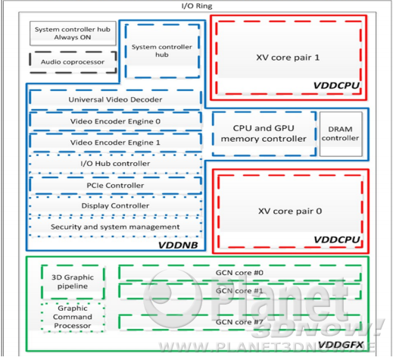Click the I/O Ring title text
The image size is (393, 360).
coord(197,6)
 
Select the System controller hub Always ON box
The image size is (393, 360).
coord(73,33)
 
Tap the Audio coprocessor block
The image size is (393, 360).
coord(73,62)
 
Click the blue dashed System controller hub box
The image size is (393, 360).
coord(162,51)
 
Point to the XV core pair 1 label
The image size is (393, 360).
coord(288,58)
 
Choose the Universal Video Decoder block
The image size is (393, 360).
coord(115,99)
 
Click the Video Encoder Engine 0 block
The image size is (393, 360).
coord(115,121)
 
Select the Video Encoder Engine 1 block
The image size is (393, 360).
coord(115,142)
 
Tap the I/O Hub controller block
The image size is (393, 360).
coord(115,164)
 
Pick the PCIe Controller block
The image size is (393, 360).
coord(115,185)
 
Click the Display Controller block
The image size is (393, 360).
coord(115,205)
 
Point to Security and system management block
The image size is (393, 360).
coord(115,227)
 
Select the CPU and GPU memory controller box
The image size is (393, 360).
coord(264,133)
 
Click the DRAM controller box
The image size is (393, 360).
coord(341,134)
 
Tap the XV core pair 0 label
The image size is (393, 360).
coord(290,211)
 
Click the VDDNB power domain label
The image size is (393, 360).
coord(178,245)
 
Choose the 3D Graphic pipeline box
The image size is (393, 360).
coord(73,282)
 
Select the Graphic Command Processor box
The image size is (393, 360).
coord(73,317)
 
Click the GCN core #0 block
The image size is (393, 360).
coord(239,273)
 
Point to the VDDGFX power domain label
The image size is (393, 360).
coord(341,345)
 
